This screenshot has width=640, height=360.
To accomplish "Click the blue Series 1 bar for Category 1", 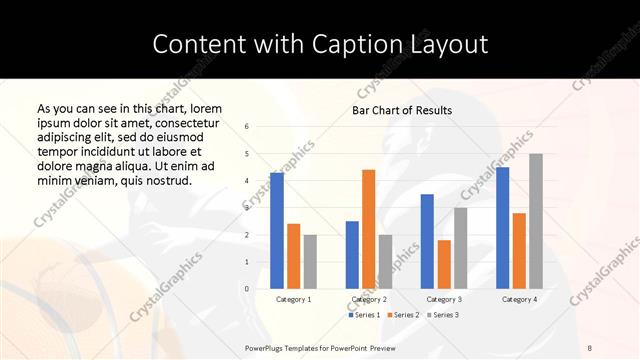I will [x=277, y=230].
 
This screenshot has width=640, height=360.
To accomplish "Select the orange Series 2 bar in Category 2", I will [x=368, y=229].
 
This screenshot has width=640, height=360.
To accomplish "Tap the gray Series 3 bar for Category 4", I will [x=536, y=221].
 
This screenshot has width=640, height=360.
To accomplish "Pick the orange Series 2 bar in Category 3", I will [x=444, y=264].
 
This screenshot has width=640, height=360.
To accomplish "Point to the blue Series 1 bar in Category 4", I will [x=502, y=228].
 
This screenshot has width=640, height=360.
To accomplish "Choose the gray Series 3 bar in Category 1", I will [x=310, y=262].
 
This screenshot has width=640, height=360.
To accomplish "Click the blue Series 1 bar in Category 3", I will [x=427, y=241].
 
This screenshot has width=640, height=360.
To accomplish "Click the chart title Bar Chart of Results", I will [x=402, y=110].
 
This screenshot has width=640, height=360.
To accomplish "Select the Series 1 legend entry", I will [x=364, y=315].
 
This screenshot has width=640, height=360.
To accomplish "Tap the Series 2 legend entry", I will [x=402, y=315].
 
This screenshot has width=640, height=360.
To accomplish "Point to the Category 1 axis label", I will [x=293, y=299].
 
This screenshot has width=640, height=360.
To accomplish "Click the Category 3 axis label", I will [x=444, y=299].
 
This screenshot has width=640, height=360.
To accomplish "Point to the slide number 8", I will [x=590, y=346].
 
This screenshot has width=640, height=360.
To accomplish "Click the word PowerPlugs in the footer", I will [x=267, y=346].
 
